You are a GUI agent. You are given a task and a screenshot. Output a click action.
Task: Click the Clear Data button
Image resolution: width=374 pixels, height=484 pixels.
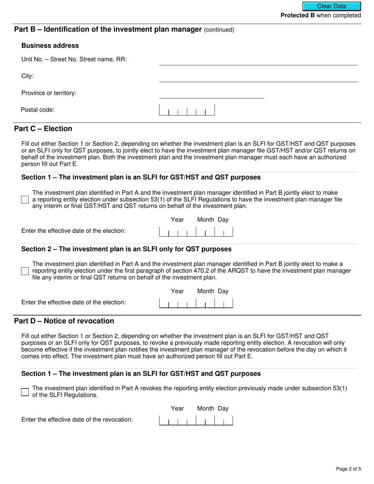point(331,6)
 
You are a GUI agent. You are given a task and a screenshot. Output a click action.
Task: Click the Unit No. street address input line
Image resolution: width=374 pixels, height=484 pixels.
point(258,61)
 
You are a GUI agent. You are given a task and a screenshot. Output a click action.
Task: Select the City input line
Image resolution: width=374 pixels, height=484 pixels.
point(258,78)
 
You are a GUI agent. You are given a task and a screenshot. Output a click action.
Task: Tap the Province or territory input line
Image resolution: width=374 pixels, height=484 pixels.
point(211,94)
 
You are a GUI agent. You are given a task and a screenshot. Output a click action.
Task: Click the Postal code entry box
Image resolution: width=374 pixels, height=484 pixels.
point(187,110)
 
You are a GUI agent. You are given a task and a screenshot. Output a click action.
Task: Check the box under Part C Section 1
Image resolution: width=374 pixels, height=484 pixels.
point(25,200)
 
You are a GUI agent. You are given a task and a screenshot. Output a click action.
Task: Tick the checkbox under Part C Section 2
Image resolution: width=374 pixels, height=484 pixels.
point(25,271)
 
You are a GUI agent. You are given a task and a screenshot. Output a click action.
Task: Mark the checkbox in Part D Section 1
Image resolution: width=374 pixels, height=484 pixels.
point(25,392)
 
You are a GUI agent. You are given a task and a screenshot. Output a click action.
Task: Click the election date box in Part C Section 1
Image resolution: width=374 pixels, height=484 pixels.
point(196,232)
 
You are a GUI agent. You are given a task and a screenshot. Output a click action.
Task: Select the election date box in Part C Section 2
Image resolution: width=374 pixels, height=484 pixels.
point(196,303)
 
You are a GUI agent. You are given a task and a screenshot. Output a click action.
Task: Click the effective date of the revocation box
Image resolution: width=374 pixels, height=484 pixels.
point(196,420)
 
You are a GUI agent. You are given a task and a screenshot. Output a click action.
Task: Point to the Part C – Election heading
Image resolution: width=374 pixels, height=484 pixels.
point(43,129)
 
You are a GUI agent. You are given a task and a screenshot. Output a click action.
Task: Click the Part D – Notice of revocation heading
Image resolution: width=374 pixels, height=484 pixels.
point(64,321)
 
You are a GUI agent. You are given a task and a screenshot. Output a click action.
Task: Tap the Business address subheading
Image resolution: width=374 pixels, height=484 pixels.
point(50,46)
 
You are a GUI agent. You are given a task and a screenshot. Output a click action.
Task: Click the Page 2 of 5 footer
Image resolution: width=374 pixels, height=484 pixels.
point(348,469)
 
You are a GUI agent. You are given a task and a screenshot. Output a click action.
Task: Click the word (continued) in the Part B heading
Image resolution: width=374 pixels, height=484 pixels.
point(219,30)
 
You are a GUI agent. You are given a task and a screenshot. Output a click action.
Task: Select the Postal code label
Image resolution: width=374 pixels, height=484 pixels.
point(37,110)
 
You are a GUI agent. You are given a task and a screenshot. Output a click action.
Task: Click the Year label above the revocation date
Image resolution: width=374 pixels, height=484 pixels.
point(177,408)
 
